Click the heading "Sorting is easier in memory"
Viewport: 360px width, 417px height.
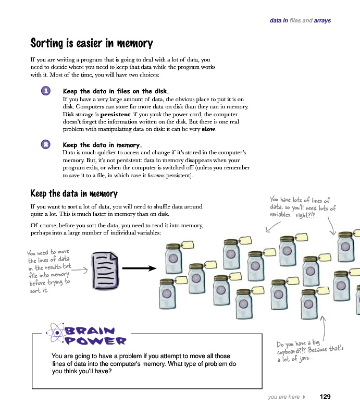click(x=92, y=43)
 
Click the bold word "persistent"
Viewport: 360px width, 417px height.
click(x=116, y=114)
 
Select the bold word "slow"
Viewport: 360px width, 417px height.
click(x=208, y=129)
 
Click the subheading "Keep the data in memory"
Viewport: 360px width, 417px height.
click(x=74, y=194)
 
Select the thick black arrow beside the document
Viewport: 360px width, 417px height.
click(x=140, y=269)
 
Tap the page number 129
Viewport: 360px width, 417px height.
click(x=325, y=397)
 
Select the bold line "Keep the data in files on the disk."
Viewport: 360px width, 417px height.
click(x=115, y=91)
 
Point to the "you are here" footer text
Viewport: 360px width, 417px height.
click(x=283, y=397)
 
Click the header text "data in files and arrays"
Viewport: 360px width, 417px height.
click(x=300, y=21)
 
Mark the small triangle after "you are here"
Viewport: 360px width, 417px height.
click(x=304, y=397)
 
